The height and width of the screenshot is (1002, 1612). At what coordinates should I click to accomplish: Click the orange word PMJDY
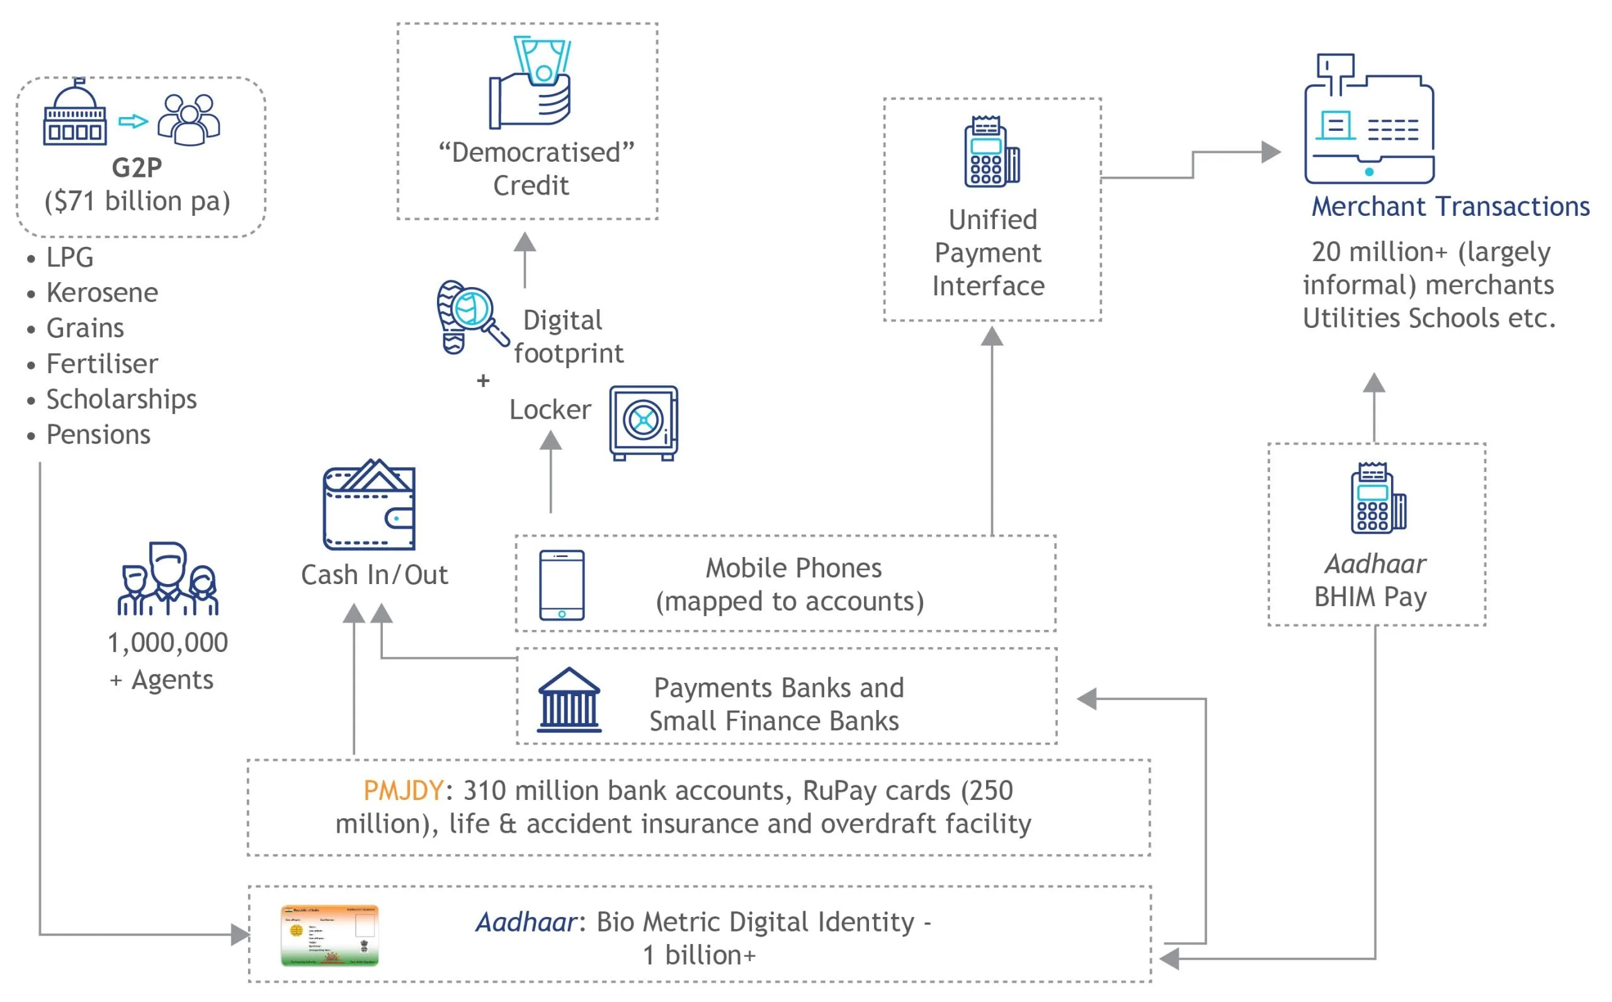tap(403, 791)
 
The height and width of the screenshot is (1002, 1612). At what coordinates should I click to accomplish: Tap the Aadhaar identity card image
tap(329, 935)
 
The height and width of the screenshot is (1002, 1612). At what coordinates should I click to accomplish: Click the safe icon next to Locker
tap(644, 423)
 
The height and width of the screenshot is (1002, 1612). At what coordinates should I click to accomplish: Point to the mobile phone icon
tap(562, 585)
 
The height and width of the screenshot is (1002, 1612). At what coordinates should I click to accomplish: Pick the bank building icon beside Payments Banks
tap(569, 700)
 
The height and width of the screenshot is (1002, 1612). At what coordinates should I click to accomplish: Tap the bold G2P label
tap(137, 167)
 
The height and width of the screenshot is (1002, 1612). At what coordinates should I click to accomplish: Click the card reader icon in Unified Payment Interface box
tap(992, 152)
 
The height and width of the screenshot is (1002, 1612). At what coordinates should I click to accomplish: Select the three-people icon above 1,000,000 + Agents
tap(167, 578)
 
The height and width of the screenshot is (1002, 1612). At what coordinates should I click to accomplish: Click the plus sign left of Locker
tap(483, 380)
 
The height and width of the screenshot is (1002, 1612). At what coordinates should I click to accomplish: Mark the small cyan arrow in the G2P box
tap(133, 121)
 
